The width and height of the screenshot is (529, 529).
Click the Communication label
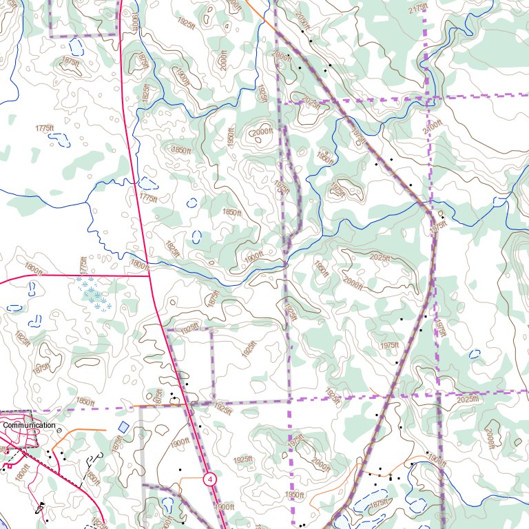(x=29, y=425)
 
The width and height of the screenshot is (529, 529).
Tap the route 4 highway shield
(x=209, y=479)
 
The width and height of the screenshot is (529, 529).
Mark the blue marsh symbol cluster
(x=94, y=294)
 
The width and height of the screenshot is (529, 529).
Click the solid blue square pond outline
(x=123, y=427)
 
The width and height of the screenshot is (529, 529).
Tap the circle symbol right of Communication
(x=59, y=430)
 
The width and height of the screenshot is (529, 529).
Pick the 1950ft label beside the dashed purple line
(x=294, y=495)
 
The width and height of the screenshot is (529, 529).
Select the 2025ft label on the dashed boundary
(x=467, y=399)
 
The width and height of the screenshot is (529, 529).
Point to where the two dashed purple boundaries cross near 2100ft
(x=428, y=98)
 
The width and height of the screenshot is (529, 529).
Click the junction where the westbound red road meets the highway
(x=150, y=276)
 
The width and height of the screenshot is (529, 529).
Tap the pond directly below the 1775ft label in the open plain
(x=60, y=140)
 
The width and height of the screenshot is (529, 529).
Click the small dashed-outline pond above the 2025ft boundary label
(x=474, y=354)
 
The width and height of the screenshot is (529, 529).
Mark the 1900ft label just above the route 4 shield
(x=180, y=442)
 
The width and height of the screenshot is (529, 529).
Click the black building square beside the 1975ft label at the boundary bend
(x=443, y=218)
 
